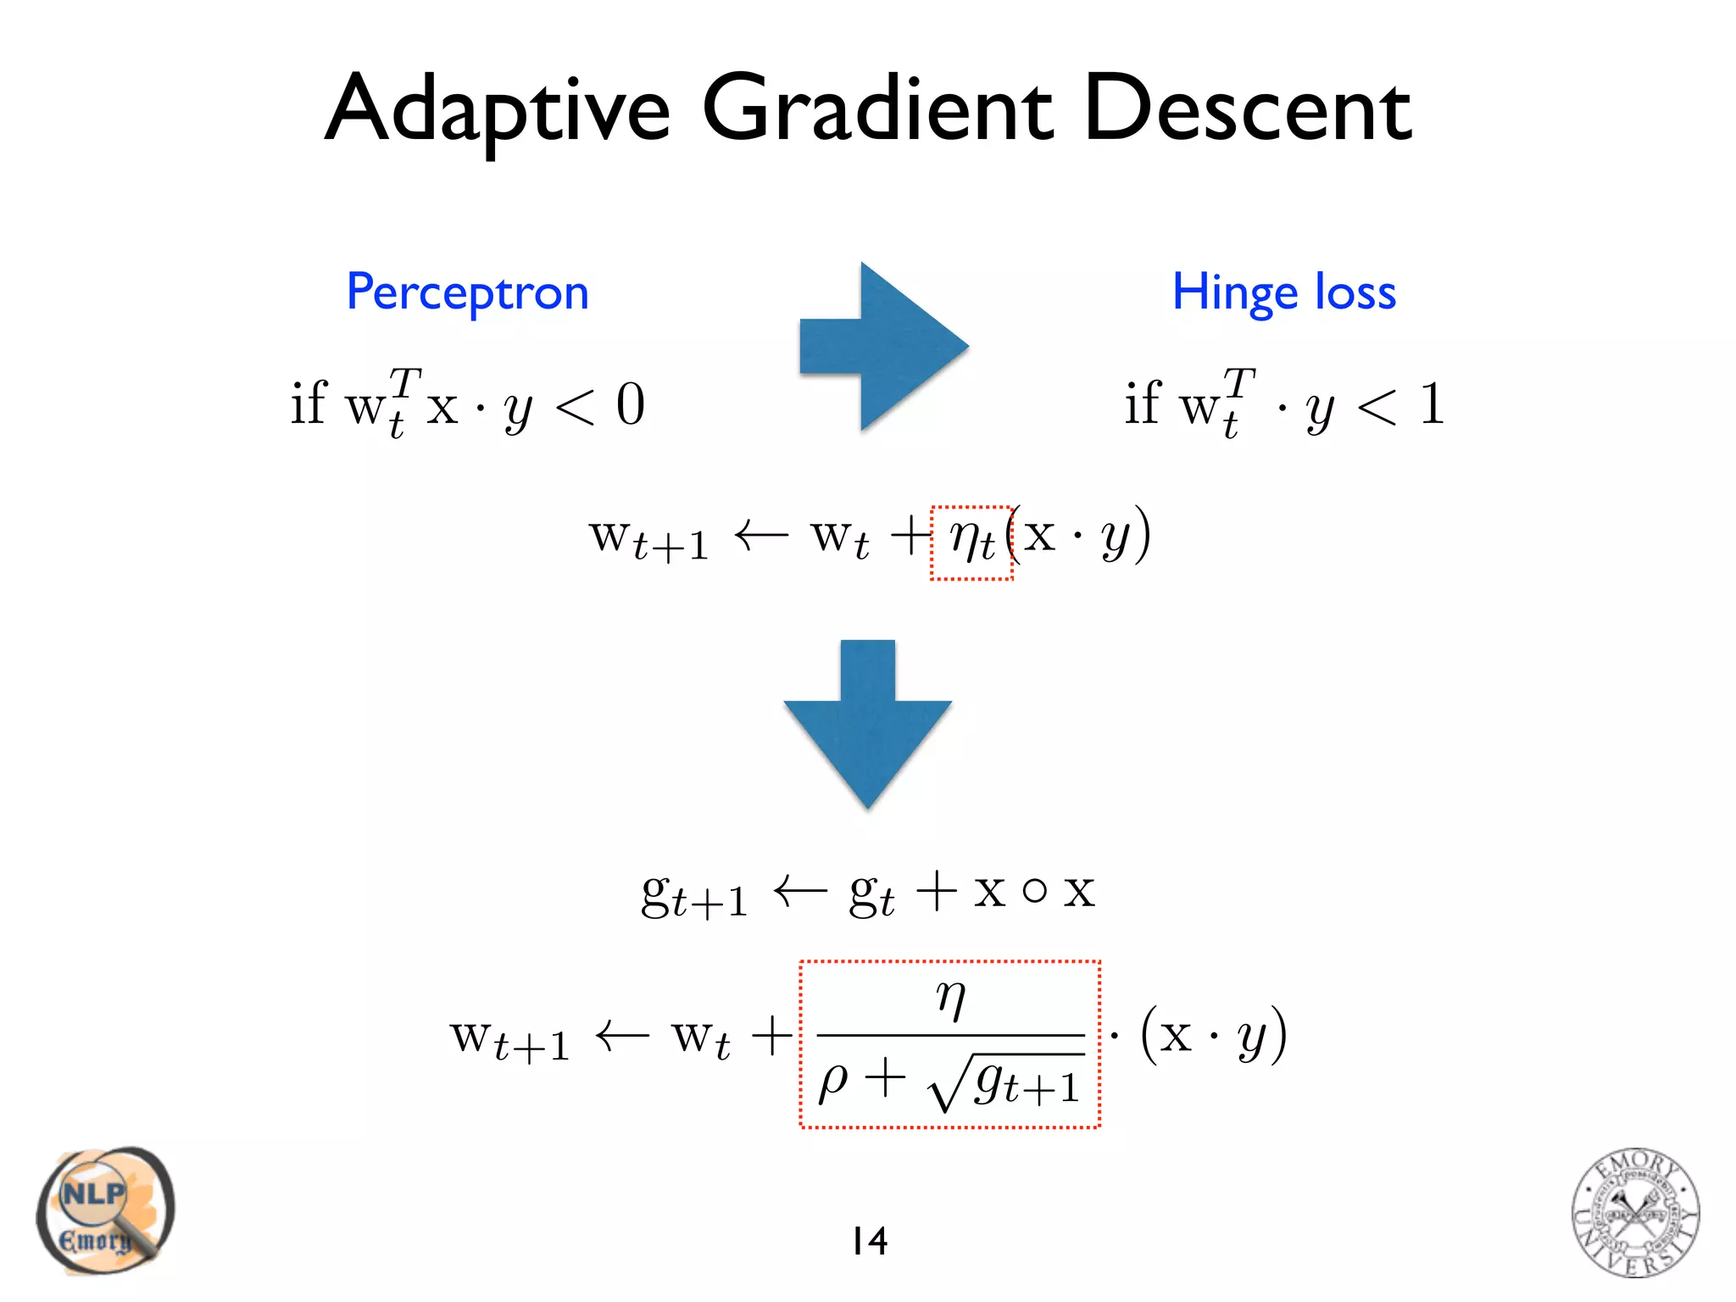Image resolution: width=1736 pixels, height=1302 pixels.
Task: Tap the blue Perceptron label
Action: pyautogui.click(x=467, y=293)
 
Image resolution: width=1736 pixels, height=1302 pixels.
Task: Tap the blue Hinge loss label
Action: pyautogui.click(x=1283, y=293)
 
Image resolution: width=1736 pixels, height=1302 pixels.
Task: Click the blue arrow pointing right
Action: pyautogui.click(x=884, y=346)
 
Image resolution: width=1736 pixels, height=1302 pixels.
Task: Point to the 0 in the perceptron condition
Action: pyautogui.click(x=630, y=404)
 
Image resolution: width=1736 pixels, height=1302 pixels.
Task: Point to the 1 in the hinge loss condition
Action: pyautogui.click(x=1431, y=404)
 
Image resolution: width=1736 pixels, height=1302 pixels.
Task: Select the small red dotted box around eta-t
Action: pyautogui.click(x=971, y=542)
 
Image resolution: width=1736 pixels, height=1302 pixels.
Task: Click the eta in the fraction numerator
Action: pyautogui.click(x=950, y=999)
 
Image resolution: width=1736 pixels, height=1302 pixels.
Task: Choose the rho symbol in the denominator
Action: pyautogui.click(x=832, y=1081)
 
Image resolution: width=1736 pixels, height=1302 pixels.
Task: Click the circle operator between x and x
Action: pyautogui.click(x=1033, y=891)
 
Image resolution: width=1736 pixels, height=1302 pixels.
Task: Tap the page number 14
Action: pyautogui.click(x=869, y=1241)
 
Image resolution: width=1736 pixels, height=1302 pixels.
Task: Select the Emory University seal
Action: pyautogui.click(x=1634, y=1212)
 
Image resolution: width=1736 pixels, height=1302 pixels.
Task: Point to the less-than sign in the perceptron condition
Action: pyautogui.click(x=575, y=406)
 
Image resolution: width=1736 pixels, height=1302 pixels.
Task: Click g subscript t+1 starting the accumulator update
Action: pyautogui.click(x=693, y=895)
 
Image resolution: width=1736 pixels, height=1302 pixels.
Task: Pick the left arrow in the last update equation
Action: pyautogui.click(x=621, y=1036)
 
